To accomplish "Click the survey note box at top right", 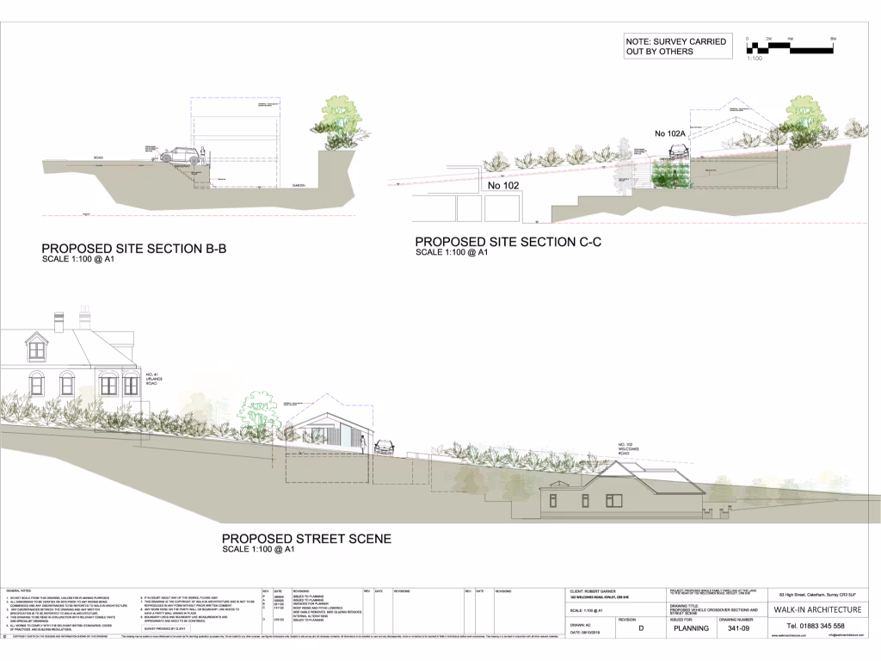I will tap(675, 46).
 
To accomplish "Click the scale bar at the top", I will tap(789, 49).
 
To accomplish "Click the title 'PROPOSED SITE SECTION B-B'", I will tap(133, 250).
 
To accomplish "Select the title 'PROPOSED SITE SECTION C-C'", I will tap(508, 242).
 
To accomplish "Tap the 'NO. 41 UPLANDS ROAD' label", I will tap(154, 379).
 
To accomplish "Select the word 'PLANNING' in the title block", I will tap(690, 628).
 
